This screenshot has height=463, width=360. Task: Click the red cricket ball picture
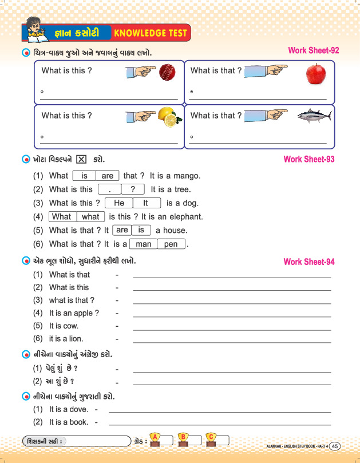point(167,72)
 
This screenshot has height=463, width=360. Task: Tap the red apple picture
point(315,74)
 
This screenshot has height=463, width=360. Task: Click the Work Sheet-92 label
point(313,51)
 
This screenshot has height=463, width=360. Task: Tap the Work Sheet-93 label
point(309,159)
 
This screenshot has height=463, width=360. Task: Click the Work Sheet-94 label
point(309,262)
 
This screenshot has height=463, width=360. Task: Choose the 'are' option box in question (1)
point(108,176)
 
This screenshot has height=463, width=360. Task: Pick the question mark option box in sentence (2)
point(133,189)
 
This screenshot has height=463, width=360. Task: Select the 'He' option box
point(119,203)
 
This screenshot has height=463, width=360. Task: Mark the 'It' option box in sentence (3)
point(145,203)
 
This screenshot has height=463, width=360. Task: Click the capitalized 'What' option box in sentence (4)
point(61,217)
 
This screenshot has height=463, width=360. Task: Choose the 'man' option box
point(144,244)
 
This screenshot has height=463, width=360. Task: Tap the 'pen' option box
point(171,244)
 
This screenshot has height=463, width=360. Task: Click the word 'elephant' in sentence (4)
point(185,217)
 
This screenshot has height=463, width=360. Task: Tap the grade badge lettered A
point(154,439)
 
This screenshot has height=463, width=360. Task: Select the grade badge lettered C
point(211,439)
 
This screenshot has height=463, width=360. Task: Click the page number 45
point(335,446)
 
